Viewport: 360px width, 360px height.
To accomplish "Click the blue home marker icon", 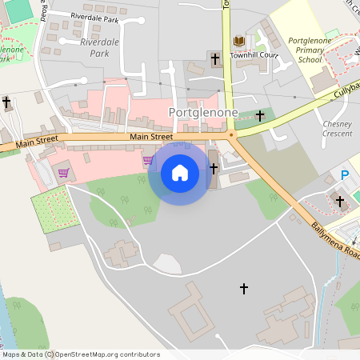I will [x=180, y=173].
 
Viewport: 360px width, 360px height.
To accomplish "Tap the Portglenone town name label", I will [x=203, y=113].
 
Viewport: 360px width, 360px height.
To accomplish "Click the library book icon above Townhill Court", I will [x=238, y=41].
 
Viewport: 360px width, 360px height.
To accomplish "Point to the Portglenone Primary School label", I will [x=293, y=49].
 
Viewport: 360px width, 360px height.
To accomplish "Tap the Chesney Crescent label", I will [x=336, y=129].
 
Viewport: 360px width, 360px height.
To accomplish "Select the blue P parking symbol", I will [x=346, y=175].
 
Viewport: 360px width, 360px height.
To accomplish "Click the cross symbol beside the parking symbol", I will [x=338, y=201].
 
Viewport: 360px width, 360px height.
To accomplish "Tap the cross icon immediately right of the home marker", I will [x=214, y=168].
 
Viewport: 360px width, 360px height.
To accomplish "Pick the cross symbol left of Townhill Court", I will [x=214, y=59].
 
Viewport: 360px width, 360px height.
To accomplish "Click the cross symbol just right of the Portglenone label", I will [x=259, y=116].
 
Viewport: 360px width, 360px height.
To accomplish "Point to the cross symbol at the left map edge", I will [x=6, y=102].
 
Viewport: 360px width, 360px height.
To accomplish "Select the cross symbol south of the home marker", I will [x=244, y=288].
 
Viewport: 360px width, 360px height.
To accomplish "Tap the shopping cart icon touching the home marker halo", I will [x=148, y=160].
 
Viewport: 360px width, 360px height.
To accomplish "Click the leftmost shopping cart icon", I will [x=63, y=172].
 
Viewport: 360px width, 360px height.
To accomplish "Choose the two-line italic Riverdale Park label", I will [x=99, y=47].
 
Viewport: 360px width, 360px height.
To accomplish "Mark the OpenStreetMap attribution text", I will [x=81, y=354].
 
